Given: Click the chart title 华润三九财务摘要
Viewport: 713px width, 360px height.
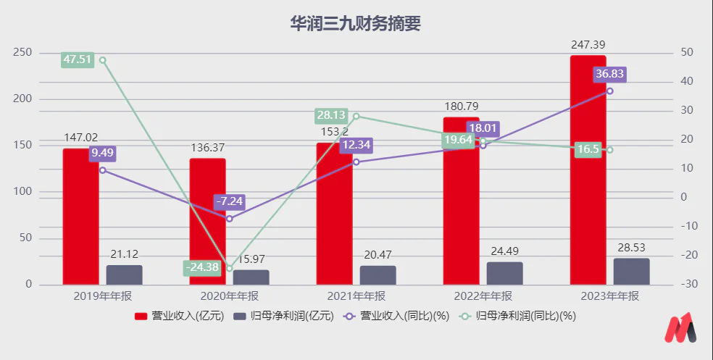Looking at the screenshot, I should [355, 23].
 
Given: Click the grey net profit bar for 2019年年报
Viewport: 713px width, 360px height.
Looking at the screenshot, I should [124, 275].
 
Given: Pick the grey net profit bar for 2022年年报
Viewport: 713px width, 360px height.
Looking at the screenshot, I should [504, 273].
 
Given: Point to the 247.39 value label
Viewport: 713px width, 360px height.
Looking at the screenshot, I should [588, 45].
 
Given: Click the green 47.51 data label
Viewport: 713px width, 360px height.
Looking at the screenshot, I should [78, 59].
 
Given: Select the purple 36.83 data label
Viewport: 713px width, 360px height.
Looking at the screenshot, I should [609, 74].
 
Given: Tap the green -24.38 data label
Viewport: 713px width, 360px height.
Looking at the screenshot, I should [201, 268].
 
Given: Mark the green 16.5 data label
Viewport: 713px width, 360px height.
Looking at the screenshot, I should [588, 150].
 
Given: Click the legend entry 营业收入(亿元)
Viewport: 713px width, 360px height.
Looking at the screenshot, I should [172, 316].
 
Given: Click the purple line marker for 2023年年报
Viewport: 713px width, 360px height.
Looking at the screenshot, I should [609, 91].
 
